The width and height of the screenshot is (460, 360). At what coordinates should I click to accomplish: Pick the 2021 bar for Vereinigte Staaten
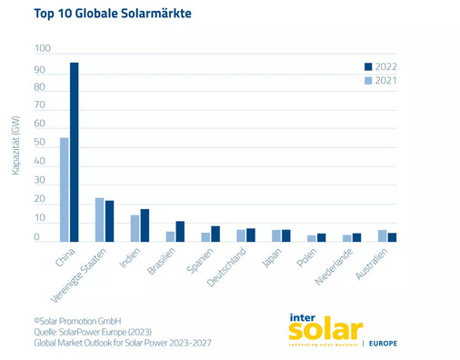pyautogui.click(x=99, y=219)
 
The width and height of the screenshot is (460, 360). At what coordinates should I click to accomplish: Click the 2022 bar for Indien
pyautogui.click(x=145, y=225)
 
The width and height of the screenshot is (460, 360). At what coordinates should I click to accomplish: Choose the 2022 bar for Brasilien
pyautogui.click(x=180, y=232)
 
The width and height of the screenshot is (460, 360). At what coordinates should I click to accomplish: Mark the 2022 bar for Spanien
pyautogui.click(x=215, y=234)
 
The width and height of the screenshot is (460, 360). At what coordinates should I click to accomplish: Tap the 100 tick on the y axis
pyautogui.click(x=44, y=48)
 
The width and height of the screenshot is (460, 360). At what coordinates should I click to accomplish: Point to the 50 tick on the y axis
pyautogui.click(x=40, y=144)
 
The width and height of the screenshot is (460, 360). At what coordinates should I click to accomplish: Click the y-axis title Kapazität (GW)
pyautogui.click(x=16, y=145)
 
